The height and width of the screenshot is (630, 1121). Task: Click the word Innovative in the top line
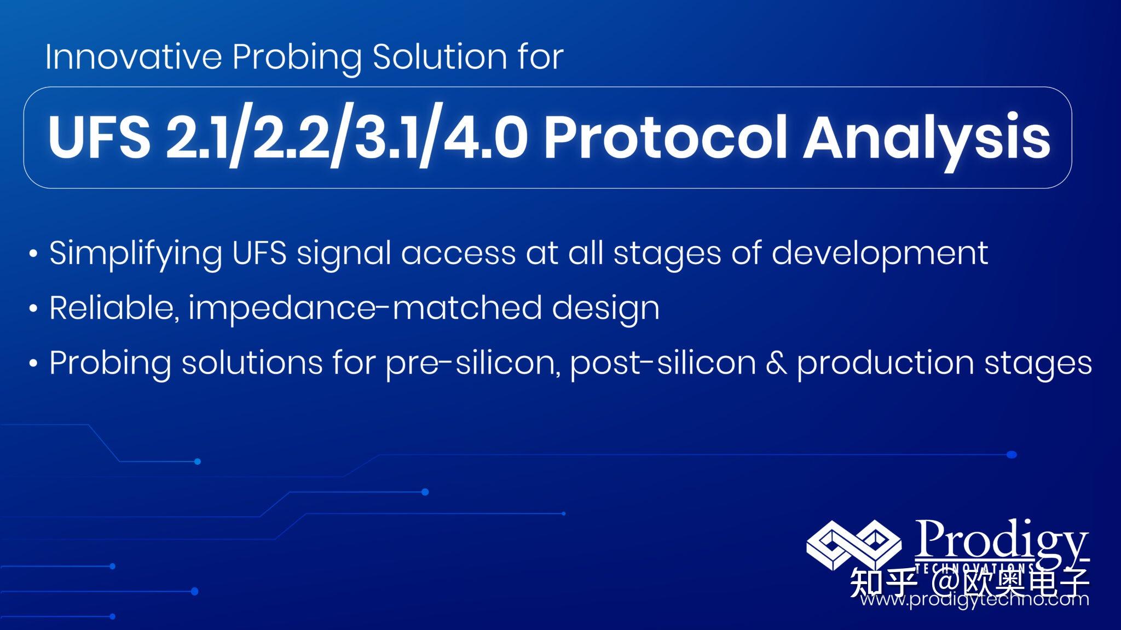coord(133,56)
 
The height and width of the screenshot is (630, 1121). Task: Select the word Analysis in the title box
coord(926,138)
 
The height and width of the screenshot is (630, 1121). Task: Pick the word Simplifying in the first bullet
coord(135,254)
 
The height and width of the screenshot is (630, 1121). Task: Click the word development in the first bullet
coord(879,254)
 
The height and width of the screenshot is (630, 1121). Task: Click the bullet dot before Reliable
coord(33,310)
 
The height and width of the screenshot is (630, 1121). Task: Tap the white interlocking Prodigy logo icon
coord(853,545)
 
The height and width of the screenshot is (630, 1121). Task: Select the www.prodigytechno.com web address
coord(974,600)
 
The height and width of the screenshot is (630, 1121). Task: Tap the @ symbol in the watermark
coord(942,583)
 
